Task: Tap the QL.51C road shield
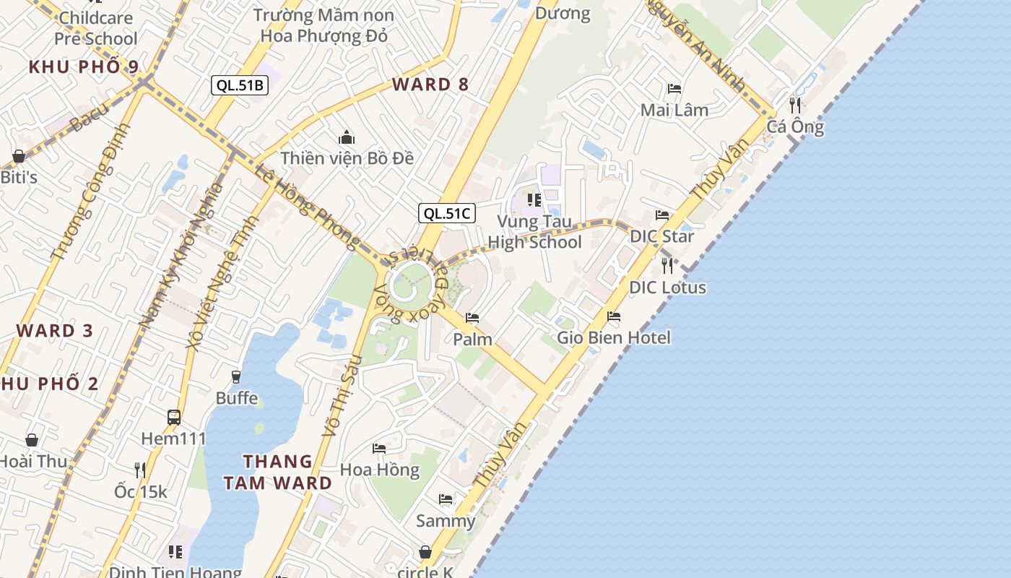(x=447, y=213)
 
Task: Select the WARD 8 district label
(x=430, y=85)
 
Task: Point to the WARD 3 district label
(x=55, y=331)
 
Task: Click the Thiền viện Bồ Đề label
(x=347, y=158)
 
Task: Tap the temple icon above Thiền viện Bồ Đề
(x=347, y=137)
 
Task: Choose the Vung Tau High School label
(x=534, y=232)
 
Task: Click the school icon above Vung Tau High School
(x=534, y=199)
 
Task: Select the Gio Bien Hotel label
(x=614, y=337)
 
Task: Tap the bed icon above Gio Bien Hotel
(x=614, y=316)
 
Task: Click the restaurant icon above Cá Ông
(x=795, y=105)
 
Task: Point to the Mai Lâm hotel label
(x=674, y=110)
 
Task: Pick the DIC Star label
(x=661, y=236)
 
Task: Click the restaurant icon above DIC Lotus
(x=667, y=265)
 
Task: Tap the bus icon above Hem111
(x=174, y=417)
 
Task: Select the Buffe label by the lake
(x=236, y=397)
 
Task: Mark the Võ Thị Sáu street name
(x=340, y=395)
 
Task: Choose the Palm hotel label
(x=472, y=339)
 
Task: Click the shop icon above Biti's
(x=19, y=156)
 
